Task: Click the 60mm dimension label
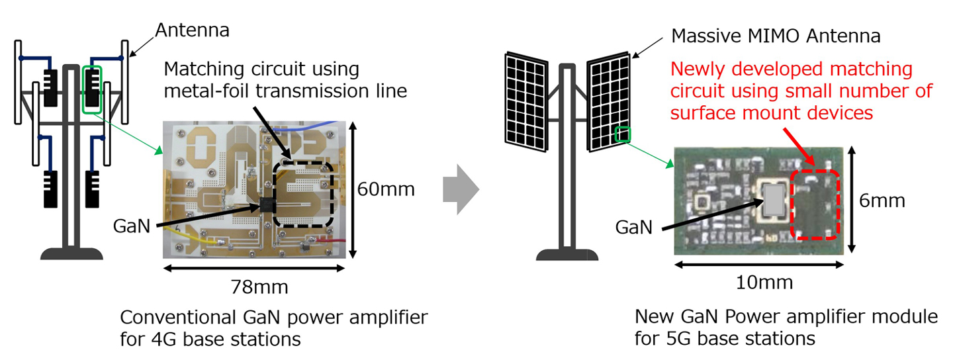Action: (386, 189)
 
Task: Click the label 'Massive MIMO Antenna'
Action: (776, 36)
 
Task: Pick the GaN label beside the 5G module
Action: (633, 227)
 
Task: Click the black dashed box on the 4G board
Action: (303, 195)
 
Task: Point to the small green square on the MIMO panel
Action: (623, 134)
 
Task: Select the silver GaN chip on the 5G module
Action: (776, 201)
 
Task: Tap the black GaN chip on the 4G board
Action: (267, 204)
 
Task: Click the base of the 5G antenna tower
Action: (567, 254)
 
